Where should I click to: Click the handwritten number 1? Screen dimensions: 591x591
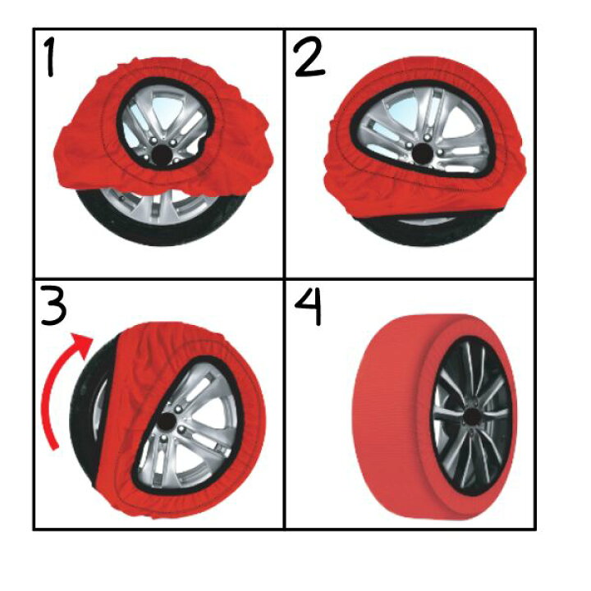pos(49,57)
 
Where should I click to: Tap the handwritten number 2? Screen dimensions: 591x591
pos(309,58)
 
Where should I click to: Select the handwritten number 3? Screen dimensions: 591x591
pos(54,305)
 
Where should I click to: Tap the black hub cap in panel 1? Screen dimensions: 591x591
pos(162,154)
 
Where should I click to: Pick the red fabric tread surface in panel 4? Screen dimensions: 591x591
pos(392,415)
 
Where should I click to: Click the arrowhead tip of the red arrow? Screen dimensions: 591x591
pos(93,338)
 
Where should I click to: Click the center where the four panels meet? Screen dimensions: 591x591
pos(284,278)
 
